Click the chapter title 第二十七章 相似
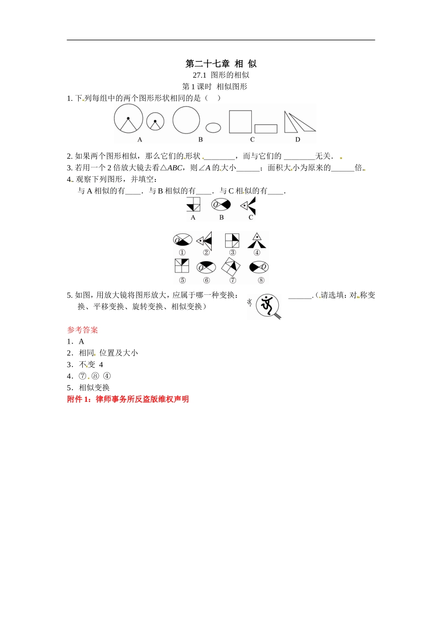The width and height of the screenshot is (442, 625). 221,64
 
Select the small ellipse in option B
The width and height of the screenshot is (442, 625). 213,127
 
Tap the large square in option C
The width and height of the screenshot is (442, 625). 240,122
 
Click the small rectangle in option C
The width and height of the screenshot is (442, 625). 266,129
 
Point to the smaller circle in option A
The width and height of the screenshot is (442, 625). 155,122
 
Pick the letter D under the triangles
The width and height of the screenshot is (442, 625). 298,140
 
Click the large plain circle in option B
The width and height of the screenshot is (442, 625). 186,120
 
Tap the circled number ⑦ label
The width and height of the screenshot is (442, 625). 233,280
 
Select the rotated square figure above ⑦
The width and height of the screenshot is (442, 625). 231,266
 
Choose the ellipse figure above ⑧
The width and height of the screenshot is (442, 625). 259,267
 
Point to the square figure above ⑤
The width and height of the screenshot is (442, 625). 182,266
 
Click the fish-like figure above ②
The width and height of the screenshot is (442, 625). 205,240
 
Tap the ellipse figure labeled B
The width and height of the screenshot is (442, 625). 221,204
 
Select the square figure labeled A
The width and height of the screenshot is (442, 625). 193,204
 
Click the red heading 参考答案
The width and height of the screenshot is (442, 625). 82,330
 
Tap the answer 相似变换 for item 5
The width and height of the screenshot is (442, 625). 94,388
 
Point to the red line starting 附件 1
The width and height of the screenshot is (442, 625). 128,399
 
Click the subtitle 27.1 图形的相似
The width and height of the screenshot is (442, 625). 221,75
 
